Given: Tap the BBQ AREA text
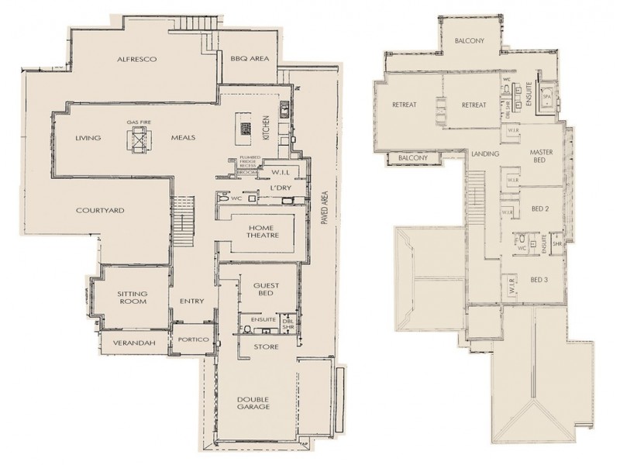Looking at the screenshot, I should pyautogui.click(x=249, y=59).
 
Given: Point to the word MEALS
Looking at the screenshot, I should pyautogui.click(x=183, y=139).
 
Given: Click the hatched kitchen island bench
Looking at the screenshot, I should pyautogui.click(x=244, y=125).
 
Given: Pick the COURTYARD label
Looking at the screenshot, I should pyautogui.click(x=100, y=210).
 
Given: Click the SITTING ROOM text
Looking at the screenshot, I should pyautogui.click(x=133, y=298).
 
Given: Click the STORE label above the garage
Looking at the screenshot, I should pyautogui.click(x=266, y=346).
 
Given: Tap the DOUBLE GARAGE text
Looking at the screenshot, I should pyautogui.click(x=253, y=404).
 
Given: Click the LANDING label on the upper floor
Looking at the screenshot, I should pyautogui.click(x=484, y=154).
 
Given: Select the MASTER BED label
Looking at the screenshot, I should pyautogui.click(x=541, y=156).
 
